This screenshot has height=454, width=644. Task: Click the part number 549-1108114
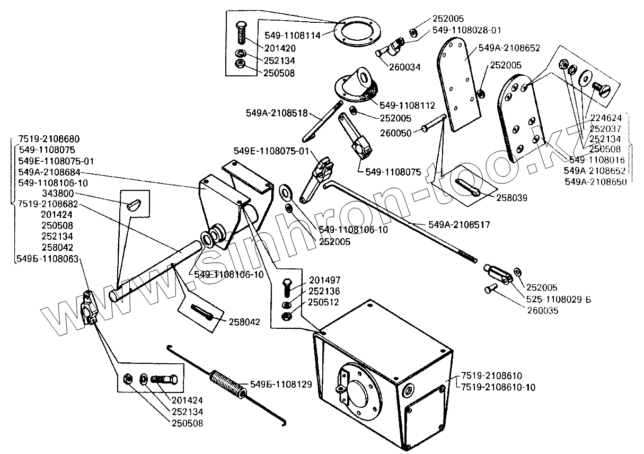(293, 36)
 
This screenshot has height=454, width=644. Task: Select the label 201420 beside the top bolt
(280, 48)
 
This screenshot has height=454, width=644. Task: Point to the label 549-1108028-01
(466, 30)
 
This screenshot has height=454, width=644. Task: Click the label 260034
(405, 67)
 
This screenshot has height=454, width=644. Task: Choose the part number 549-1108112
(407, 106)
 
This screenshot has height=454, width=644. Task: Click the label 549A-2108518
(277, 113)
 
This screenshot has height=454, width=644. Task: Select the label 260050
(396, 133)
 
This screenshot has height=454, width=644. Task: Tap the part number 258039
(511, 198)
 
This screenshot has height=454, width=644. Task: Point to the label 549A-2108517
(459, 225)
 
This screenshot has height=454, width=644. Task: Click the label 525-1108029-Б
(559, 300)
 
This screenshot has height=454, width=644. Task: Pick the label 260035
(543, 311)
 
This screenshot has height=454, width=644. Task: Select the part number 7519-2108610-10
(498, 388)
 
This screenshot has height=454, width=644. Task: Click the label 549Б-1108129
(281, 385)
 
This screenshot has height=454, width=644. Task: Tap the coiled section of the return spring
(228, 385)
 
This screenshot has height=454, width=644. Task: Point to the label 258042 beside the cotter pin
(244, 322)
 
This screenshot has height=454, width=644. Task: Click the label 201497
(324, 280)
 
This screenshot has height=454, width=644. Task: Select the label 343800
(58, 194)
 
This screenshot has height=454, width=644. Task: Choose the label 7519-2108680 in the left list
(49, 139)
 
